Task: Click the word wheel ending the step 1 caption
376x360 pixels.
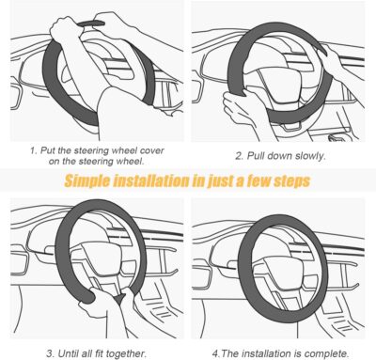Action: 136,161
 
